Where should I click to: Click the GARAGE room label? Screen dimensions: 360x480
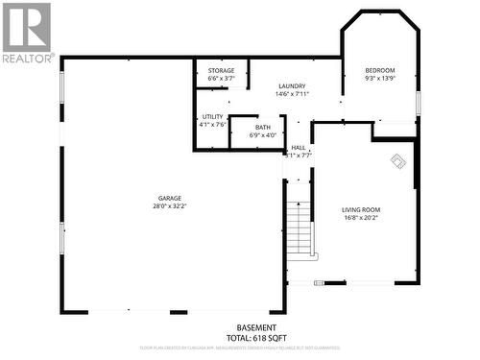coord(170,199)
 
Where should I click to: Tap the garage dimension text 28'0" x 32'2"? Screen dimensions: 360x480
coord(170,206)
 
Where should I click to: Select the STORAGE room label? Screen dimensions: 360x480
coord(222,70)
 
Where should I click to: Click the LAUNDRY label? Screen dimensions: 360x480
coord(292,86)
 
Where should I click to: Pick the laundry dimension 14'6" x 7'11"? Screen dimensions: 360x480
coord(292,94)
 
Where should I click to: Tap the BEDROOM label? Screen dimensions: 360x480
coord(380,70)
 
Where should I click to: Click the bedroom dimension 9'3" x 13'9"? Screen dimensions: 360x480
coord(380,78)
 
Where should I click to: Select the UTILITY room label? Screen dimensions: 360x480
coord(212,116)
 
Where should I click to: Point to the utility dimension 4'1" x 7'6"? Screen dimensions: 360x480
coord(212,124)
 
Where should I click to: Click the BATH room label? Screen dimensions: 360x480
coord(262,128)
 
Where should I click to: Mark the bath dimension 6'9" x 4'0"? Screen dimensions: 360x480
coord(262,135)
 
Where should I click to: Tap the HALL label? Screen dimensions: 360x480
coord(299,147)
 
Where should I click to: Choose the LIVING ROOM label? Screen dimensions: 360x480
coord(361,209)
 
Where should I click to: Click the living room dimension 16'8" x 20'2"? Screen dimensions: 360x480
coord(361,217)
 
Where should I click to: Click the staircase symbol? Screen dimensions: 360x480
coord(302,229)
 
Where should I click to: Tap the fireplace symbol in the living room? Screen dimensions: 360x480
coord(397,161)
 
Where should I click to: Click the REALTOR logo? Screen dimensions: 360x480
coord(26,33)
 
